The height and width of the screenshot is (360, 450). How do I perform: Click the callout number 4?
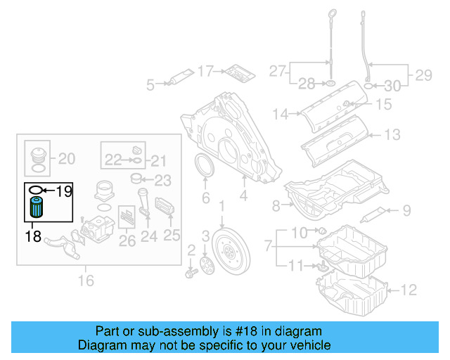pyautogui.click(x=243, y=198)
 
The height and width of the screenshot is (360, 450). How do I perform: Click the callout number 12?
pyautogui.click(x=409, y=288)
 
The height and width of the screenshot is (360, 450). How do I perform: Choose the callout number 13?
pyautogui.click(x=392, y=134)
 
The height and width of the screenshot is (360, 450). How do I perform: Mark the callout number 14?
pyautogui.click(x=281, y=113)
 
